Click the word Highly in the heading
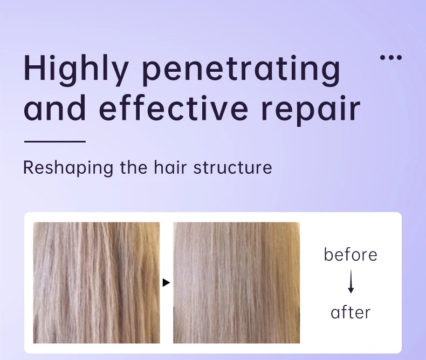click(x=77, y=70)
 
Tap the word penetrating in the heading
click(x=241, y=70)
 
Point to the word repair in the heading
click(x=311, y=111)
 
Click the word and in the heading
click(x=54, y=107)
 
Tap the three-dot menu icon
click(x=391, y=57)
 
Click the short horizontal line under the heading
click(x=55, y=141)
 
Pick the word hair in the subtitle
click(x=170, y=167)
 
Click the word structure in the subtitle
click(x=232, y=168)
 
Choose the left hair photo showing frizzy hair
click(x=97, y=283)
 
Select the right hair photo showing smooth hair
click(x=237, y=283)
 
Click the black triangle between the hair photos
click(x=166, y=283)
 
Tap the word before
click(x=351, y=255)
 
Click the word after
click(x=351, y=312)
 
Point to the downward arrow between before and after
click(x=351, y=281)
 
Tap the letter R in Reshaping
click(x=29, y=167)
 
